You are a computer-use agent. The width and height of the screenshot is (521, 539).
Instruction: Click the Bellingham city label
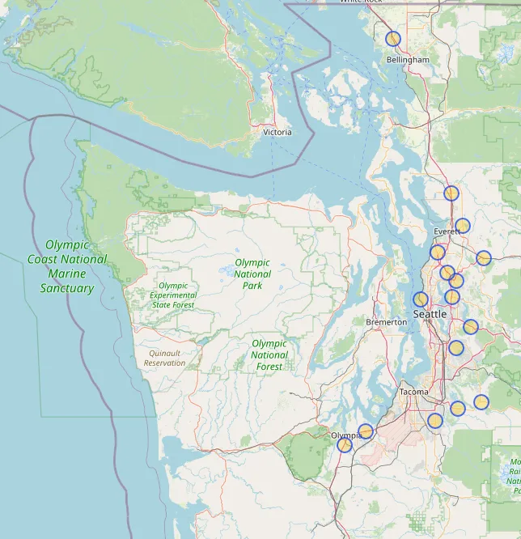coord(408,60)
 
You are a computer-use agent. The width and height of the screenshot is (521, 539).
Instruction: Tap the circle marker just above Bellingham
coord(393,39)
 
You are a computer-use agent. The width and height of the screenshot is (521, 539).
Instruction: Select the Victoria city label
coord(277,132)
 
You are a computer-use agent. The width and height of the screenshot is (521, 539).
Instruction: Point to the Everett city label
coord(447,231)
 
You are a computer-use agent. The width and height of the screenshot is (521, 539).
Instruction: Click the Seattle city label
coord(430,313)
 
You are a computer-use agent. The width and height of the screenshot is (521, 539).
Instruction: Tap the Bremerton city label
coord(387,322)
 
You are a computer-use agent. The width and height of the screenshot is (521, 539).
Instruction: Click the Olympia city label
coord(346,435)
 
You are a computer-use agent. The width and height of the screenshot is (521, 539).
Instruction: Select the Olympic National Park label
coord(252,274)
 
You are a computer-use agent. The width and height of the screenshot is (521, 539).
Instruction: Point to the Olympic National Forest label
coord(269,355)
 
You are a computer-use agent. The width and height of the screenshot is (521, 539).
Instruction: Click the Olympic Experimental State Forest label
coord(172,295)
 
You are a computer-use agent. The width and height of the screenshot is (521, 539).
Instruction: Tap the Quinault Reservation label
coord(165,358)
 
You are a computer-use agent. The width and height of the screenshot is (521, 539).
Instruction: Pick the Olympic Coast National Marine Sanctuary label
coord(67,266)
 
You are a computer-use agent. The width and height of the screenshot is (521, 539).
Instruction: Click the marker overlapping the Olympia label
coord(345,444)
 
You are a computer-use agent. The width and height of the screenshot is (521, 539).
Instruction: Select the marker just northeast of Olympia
coord(366,431)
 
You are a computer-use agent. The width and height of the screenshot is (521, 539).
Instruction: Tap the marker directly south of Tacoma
coord(435,420)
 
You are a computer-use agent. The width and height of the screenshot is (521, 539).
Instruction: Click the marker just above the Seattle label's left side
coord(421,299)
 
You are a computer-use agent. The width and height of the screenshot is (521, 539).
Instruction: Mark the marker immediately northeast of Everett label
coord(463,226)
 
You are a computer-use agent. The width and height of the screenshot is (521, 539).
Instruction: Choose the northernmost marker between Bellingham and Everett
coord(451,193)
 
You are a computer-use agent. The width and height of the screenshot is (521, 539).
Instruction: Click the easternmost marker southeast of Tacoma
coord(481,402)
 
